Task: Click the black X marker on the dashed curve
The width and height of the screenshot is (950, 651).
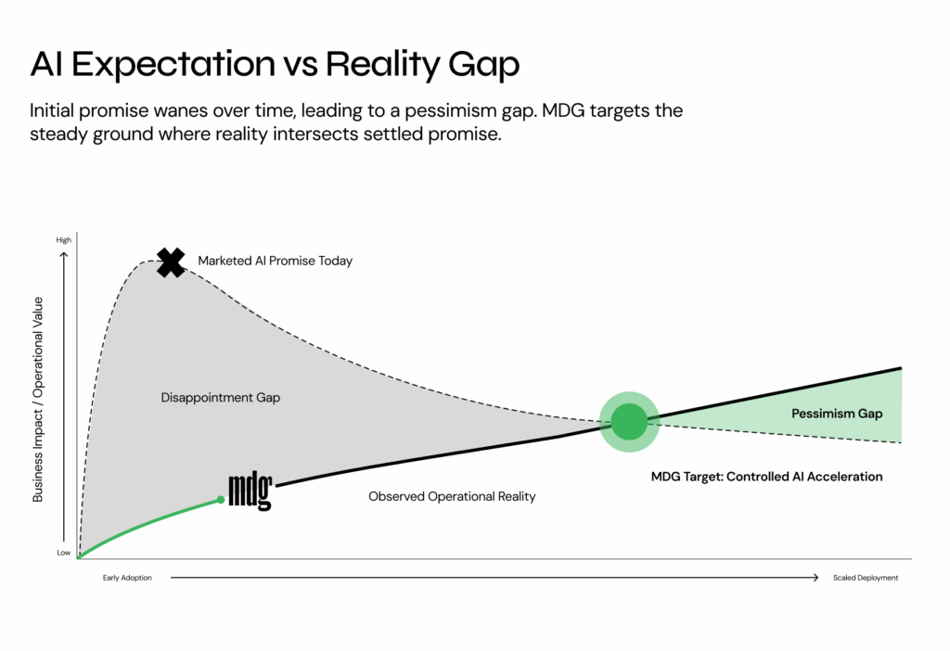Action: click(171, 262)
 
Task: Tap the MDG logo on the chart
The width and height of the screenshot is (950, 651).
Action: click(250, 491)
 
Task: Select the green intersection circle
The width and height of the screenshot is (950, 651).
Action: click(629, 422)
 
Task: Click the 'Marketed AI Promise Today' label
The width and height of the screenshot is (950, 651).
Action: click(276, 262)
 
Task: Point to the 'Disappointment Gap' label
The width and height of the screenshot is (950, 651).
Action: click(220, 398)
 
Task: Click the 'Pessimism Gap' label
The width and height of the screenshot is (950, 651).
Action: click(837, 414)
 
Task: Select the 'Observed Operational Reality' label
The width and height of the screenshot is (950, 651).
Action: click(452, 496)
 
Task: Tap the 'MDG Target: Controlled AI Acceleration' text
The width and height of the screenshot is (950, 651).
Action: click(766, 477)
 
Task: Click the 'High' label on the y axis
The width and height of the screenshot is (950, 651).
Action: click(63, 240)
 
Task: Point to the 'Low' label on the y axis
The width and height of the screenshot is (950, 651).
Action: click(63, 553)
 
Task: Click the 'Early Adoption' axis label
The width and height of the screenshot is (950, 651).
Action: click(127, 578)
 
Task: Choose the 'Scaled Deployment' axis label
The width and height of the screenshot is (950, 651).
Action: click(865, 578)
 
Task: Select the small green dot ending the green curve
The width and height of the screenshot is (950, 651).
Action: click(221, 500)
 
